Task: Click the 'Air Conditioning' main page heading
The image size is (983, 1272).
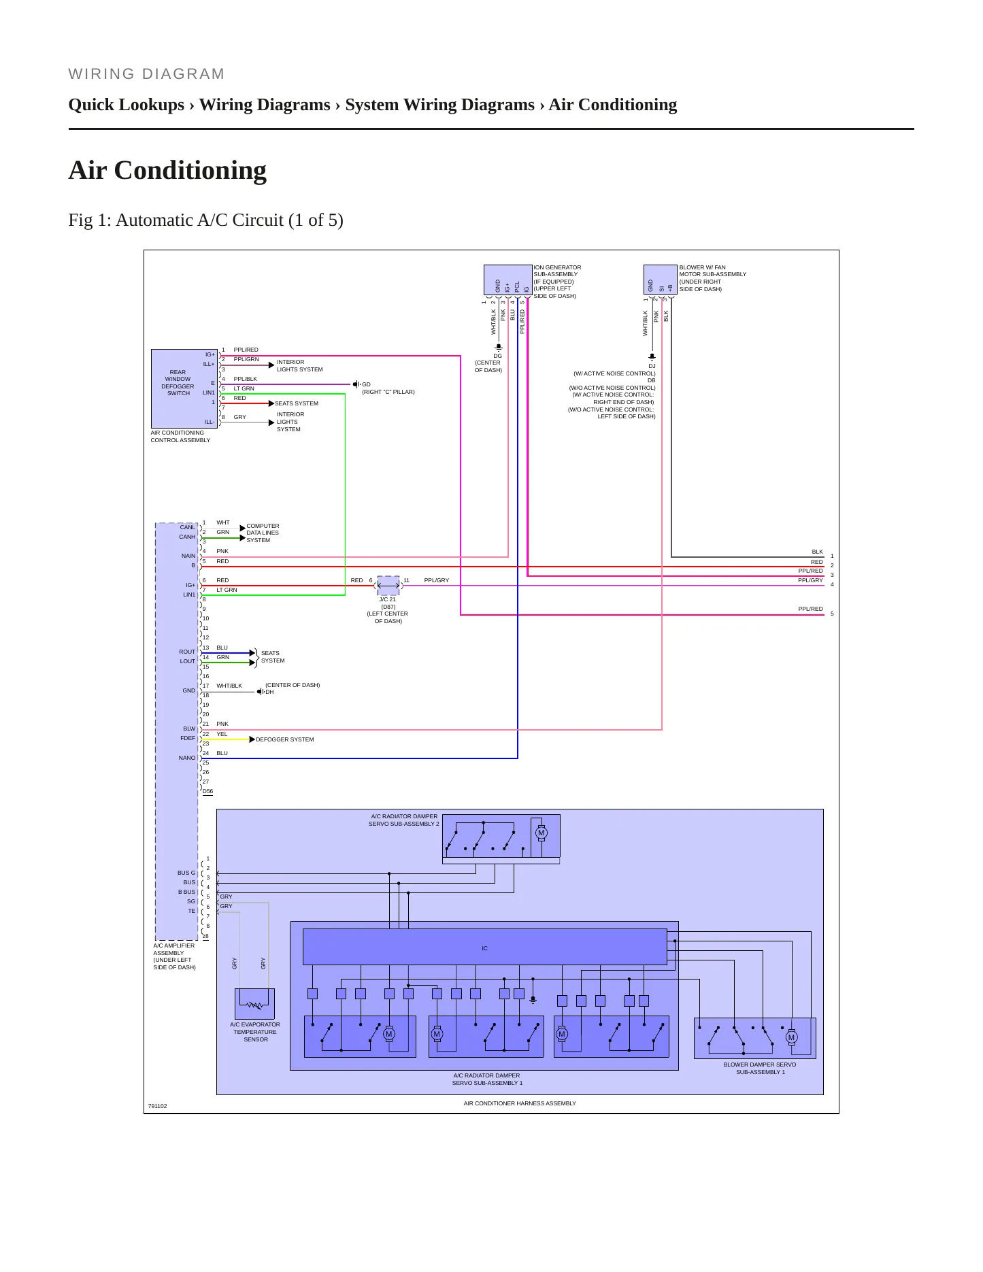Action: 167,170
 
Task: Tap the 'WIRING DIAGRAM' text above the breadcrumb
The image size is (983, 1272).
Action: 146,74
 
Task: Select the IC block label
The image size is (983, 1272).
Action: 484,948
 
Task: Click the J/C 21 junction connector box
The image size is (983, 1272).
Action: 388,585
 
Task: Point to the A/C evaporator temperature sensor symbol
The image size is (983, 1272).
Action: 254,1004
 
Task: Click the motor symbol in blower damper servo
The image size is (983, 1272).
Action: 791,1037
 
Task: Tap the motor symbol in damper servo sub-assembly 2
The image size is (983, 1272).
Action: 542,833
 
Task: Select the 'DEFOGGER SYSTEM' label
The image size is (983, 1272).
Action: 285,739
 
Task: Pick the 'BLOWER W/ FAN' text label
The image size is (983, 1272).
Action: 702,267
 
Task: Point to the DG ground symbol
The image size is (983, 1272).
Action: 498,347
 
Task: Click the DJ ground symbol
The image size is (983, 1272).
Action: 652,356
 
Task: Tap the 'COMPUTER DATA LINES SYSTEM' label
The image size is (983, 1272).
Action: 263,533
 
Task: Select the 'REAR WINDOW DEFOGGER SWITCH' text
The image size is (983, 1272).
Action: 178,383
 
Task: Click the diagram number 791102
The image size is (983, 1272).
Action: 157,1106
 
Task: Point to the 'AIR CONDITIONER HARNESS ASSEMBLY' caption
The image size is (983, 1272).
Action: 520,1103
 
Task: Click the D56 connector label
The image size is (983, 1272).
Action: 207,791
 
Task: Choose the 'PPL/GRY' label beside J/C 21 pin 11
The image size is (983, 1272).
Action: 436,580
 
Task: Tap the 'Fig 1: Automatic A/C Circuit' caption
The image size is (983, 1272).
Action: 205,220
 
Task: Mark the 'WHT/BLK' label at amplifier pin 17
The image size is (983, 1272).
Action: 229,686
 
